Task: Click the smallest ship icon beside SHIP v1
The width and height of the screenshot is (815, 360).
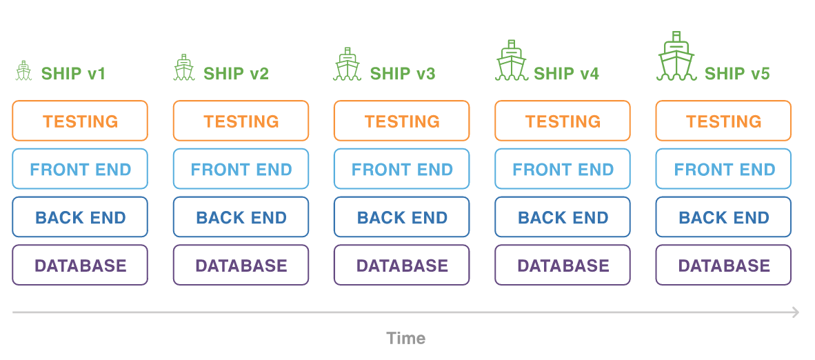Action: [24, 71]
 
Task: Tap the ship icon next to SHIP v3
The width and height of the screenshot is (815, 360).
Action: [347, 66]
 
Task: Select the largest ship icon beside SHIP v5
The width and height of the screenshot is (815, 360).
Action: [676, 58]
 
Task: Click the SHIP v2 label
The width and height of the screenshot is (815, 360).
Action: [236, 73]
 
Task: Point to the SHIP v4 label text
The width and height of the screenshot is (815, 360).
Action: [566, 73]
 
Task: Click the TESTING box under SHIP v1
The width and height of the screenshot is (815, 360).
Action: [80, 121]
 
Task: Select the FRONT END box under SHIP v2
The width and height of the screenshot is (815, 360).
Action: [241, 169]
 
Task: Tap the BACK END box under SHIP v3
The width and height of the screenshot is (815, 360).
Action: [402, 217]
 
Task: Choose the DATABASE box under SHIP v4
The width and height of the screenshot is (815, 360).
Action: [563, 266]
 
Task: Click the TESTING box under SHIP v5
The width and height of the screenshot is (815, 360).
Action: [723, 121]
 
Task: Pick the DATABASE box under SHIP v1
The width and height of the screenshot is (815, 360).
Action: [80, 266]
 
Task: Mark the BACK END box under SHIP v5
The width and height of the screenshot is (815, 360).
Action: [723, 217]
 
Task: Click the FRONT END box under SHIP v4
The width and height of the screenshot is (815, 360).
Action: [563, 169]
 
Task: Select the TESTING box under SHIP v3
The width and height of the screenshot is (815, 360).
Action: [402, 121]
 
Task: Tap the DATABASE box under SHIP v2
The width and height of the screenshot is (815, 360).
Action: [241, 266]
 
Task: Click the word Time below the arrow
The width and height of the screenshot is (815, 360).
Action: [406, 338]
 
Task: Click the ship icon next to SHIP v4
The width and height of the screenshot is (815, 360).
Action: [511, 62]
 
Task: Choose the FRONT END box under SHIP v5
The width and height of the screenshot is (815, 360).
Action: [723, 169]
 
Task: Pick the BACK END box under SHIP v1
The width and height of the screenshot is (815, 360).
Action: [80, 217]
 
